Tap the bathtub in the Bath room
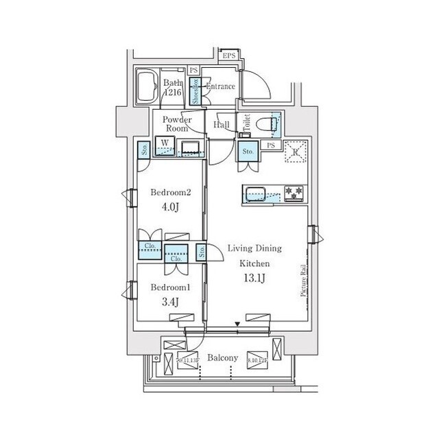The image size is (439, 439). tap(147, 88)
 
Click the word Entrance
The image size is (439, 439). tap(220, 87)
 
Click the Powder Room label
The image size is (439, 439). tap(176, 123)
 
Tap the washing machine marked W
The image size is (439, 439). tap(165, 145)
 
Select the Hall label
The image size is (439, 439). tap(222, 125)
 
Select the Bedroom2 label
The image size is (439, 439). tap(169, 193)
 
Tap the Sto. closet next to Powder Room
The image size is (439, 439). tap(145, 147)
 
